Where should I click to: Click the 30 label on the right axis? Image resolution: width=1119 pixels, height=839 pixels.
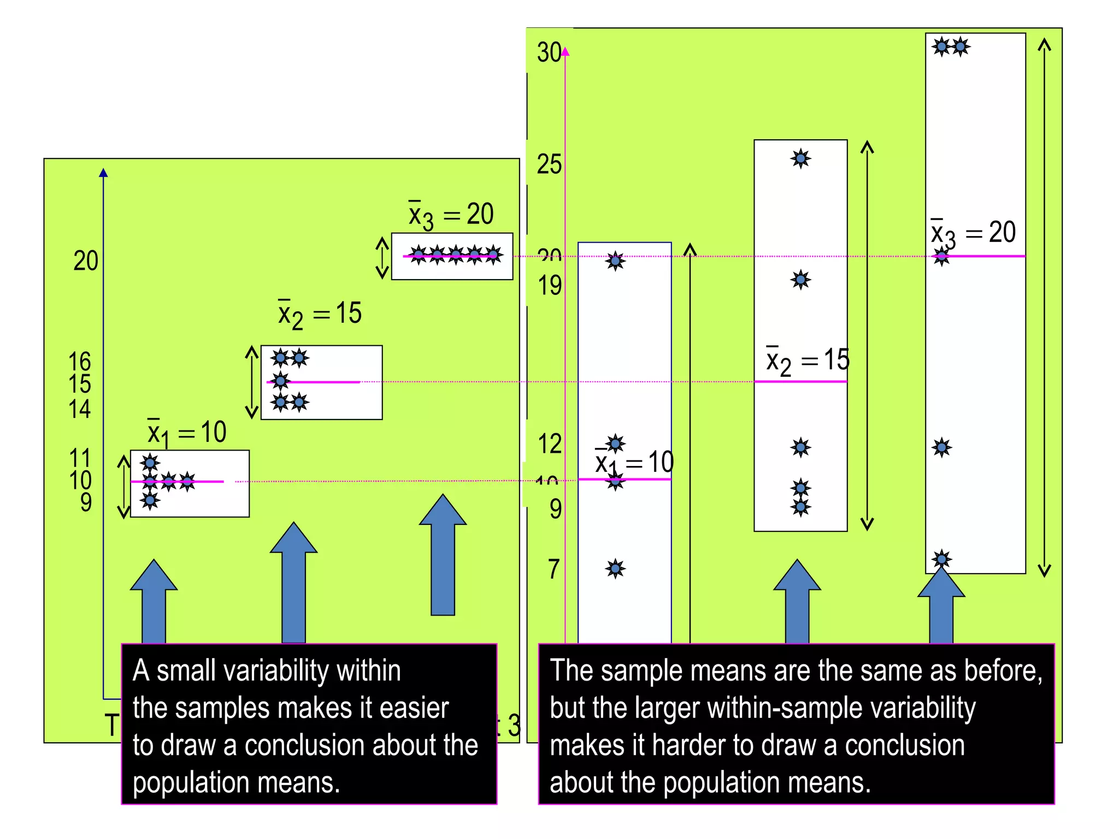pyautogui.click(x=549, y=52)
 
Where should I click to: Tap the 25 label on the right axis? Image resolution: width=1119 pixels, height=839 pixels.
pyautogui.click(x=549, y=164)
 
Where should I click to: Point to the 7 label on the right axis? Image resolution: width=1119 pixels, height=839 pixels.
pyautogui.click(x=553, y=569)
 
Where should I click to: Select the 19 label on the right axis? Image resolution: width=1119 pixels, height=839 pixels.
pyautogui.click(x=549, y=285)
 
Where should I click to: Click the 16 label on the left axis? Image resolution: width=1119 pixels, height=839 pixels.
pyautogui.click(x=80, y=362)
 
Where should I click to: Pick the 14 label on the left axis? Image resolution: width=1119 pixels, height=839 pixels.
pyautogui.click(x=80, y=409)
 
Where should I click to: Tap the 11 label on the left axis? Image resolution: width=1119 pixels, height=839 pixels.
pyautogui.click(x=80, y=458)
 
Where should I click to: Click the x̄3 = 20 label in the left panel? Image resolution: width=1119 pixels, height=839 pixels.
pyautogui.click(x=451, y=215)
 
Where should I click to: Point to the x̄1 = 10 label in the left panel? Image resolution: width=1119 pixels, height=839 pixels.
pyautogui.click(x=187, y=433)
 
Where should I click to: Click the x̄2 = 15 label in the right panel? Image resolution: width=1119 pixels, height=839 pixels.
pyautogui.click(x=808, y=361)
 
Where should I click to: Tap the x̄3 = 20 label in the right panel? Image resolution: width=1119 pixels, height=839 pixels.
pyautogui.click(x=973, y=233)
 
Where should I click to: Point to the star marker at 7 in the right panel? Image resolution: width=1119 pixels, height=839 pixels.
pyautogui.click(x=615, y=569)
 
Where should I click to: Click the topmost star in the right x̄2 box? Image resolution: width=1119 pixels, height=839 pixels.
pyautogui.click(x=800, y=159)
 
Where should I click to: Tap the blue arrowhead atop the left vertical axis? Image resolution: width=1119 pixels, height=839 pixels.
pyautogui.click(x=103, y=173)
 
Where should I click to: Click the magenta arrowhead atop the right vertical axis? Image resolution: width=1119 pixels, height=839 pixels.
pyautogui.click(x=566, y=52)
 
